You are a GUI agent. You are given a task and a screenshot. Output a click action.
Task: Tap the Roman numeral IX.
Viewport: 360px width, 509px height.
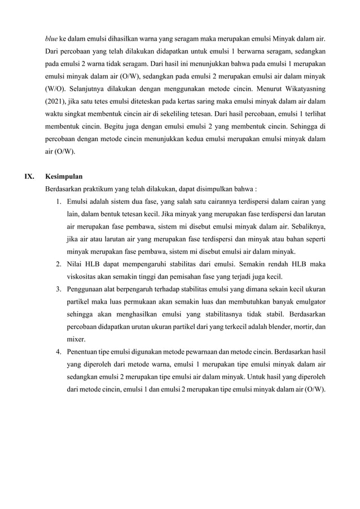click(x=29, y=176)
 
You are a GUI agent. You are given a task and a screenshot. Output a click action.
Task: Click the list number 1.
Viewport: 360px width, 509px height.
click(x=59, y=201)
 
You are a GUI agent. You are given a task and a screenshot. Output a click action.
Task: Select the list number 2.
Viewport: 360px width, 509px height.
click(x=59, y=264)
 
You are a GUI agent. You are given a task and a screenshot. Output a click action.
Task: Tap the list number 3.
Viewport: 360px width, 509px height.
click(x=59, y=288)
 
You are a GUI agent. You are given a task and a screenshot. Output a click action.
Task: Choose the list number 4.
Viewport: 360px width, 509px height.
click(x=59, y=350)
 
